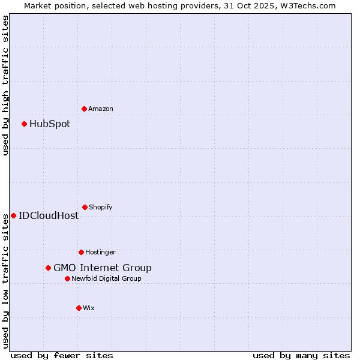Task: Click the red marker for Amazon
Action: click(x=84, y=109)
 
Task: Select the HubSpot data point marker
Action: click(x=25, y=124)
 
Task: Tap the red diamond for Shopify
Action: click(x=85, y=207)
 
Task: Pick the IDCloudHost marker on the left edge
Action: click(x=13, y=215)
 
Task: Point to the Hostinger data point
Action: click(x=81, y=252)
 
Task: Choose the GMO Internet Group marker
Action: click(x=48, y=268)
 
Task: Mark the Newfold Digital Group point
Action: click(x=67, y=278)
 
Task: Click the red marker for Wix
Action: click(x=79, y=308)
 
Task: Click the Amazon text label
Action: click(x=101, y=109)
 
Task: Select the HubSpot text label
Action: click(x=50, y=124)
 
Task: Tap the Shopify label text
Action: click(x=101, y=207)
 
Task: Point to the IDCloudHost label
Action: click(x=49, y=215)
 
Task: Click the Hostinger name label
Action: click(x=100, y=252)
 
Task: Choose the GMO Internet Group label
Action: click(x=103, y=268)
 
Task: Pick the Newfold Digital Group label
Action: click(x=107, y=278)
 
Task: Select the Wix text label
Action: click(x=89, y=308)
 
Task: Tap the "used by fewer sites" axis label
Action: click(x=62, y=355)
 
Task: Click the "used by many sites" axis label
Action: click(x=301, y=355)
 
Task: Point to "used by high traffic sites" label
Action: click(x=5, y=85)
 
